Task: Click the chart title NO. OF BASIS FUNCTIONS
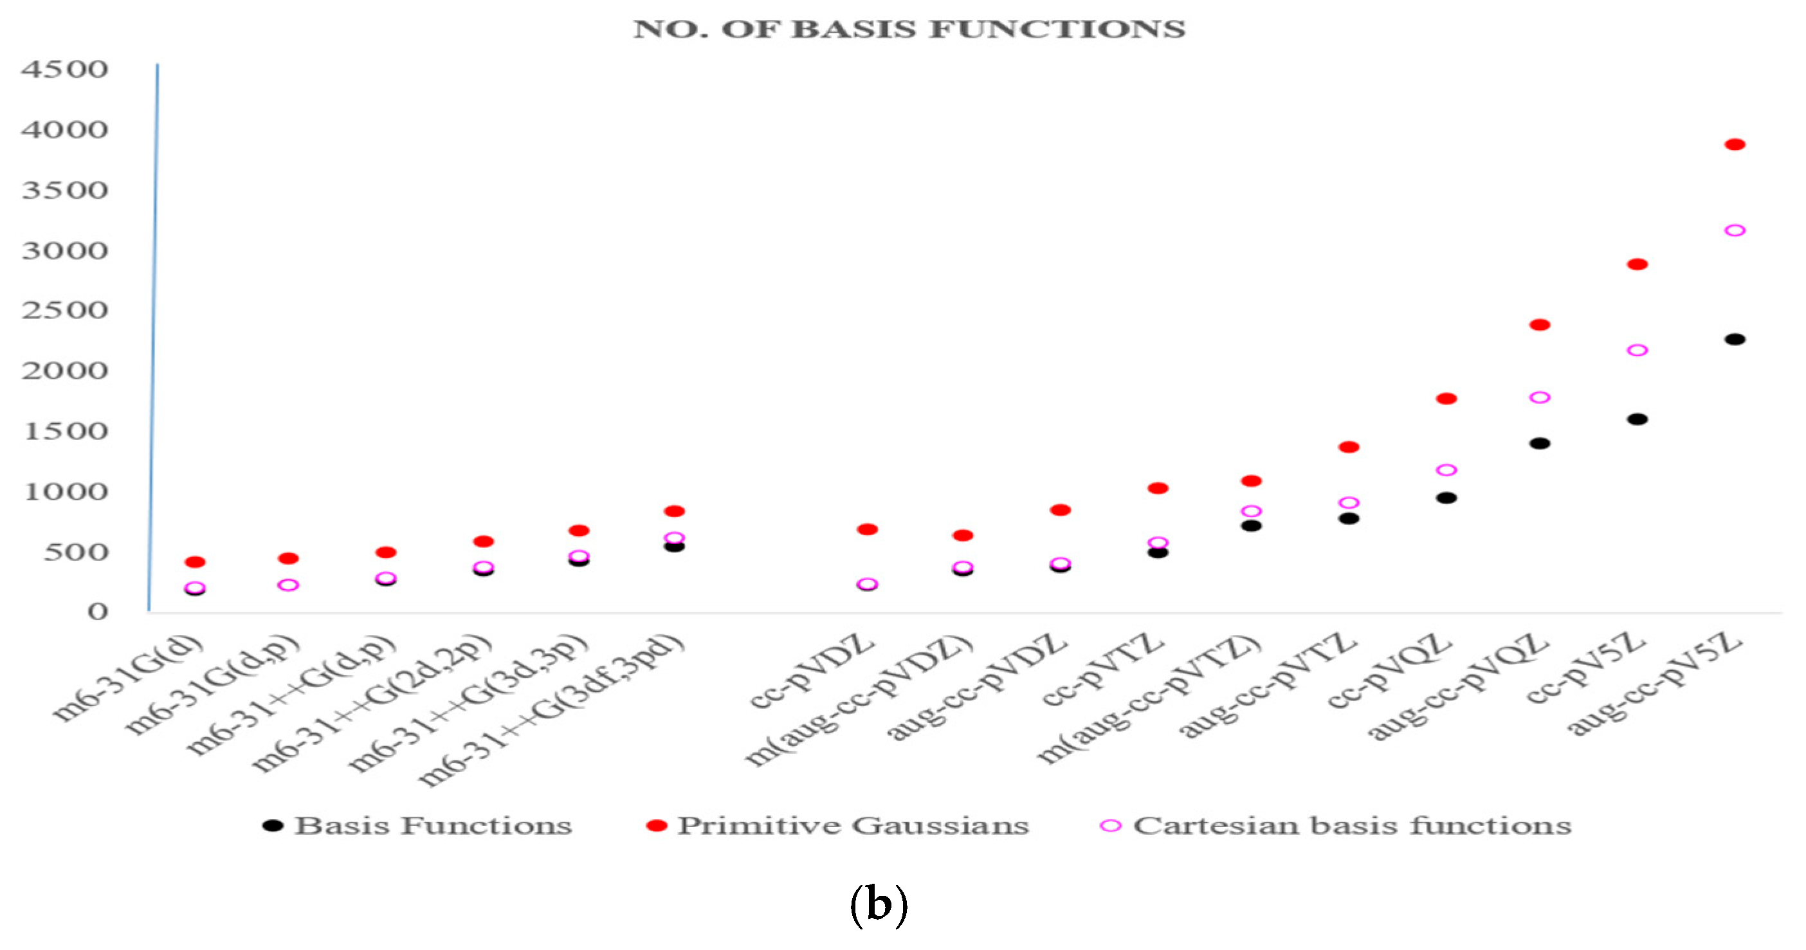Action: pos(909,30)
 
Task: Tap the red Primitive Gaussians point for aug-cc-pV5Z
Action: pos(1735,145)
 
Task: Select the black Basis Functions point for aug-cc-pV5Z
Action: pos(1735,340)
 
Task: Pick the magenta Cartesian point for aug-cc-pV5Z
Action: pos(1735,231)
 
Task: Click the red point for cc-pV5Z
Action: pos(1637,264)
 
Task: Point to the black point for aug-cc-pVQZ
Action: pos(1540,443)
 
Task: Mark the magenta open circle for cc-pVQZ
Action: pos(1446,470)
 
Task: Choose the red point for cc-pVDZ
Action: pos(867,529)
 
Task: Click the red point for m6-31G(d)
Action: pos(195,562)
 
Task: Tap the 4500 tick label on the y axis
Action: pos(64,69)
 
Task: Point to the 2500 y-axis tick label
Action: pos(64,311)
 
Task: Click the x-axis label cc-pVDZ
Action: pos(813,671)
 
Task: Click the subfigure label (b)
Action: pos(879,905)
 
